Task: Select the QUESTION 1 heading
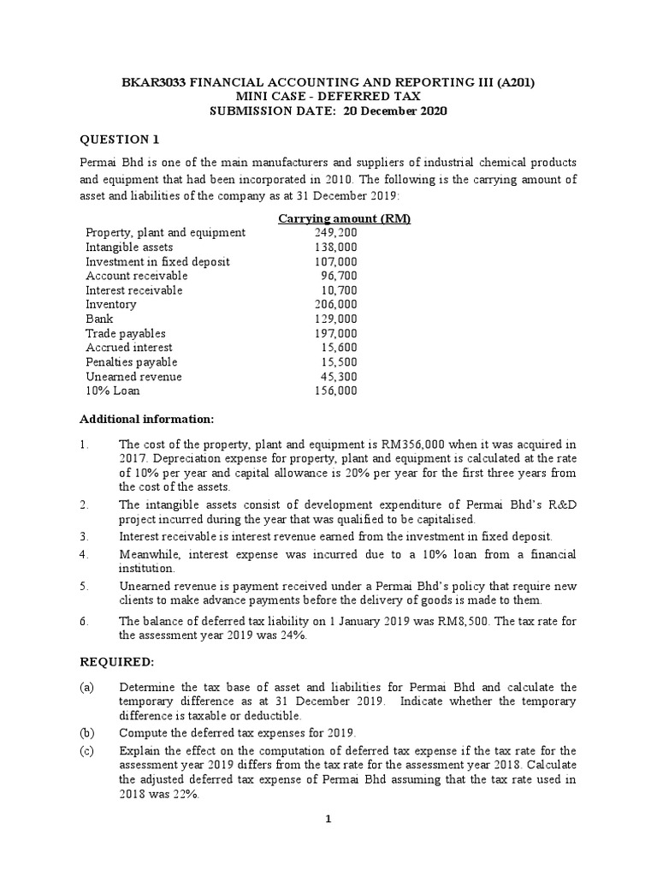[119, 140]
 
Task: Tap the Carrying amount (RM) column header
[345, 218]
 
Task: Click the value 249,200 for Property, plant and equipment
[336, 232]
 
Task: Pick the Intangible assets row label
[128, 247]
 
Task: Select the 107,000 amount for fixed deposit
[336, 261]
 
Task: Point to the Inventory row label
[110, 304]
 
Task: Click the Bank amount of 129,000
[336, 319]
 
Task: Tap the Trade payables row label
[126, 333]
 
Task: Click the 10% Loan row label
[112, 391]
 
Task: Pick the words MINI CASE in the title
[265, 97]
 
